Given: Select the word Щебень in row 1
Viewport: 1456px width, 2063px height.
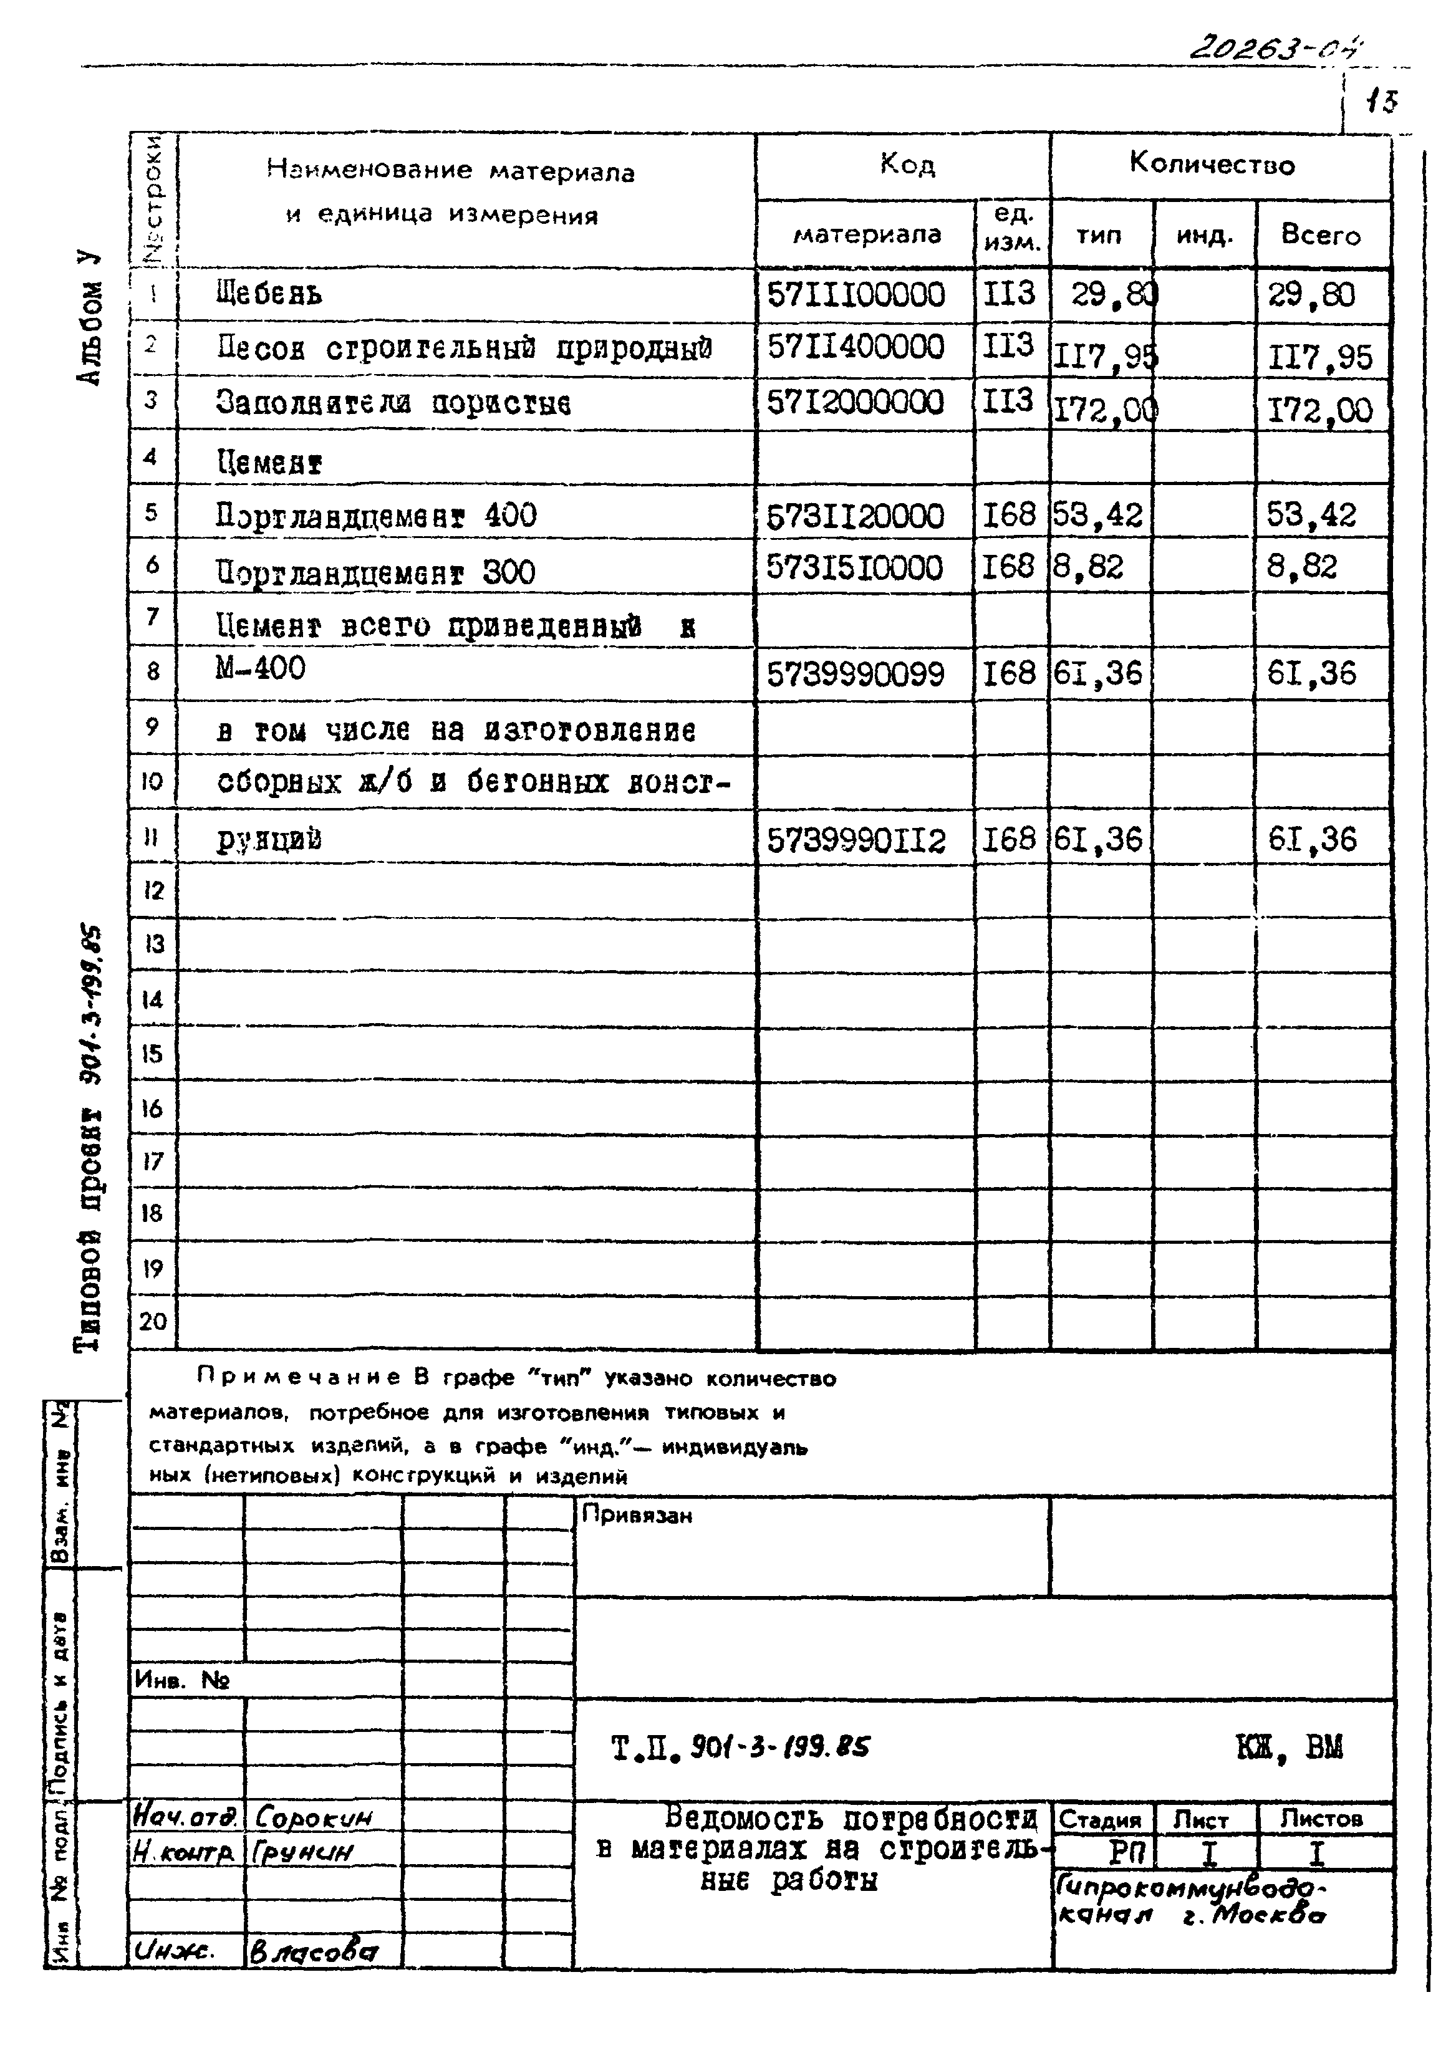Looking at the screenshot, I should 269,294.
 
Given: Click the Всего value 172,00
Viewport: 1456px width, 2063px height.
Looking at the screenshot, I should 1319,411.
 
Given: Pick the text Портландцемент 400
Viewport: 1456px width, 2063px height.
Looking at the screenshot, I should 375,516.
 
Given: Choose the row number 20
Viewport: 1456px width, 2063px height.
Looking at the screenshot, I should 153,1322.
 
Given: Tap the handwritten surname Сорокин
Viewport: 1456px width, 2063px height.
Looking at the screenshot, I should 314,1818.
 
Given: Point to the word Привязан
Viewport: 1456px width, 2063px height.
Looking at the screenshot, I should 637,1515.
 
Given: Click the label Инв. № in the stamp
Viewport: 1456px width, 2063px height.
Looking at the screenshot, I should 183,1680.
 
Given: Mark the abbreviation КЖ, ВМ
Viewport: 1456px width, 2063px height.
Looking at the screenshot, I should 1289,1748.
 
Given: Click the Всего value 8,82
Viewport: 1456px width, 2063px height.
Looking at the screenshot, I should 1301,567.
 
